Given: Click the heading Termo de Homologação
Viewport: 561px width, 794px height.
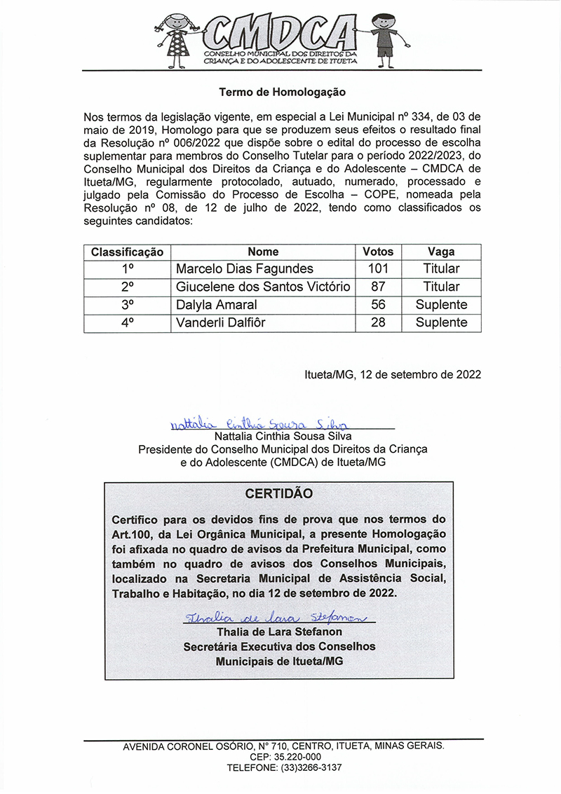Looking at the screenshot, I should coord(282,92).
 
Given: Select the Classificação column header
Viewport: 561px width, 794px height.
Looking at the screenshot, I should coord(128,252).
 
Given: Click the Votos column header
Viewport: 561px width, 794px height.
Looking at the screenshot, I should coord(378,252).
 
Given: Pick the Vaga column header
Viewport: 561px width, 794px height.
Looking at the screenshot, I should coord(441,252).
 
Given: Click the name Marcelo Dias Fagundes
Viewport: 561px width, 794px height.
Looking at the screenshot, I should coord(245,269).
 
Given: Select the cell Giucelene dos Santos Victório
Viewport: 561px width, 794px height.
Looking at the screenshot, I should coord(263,287).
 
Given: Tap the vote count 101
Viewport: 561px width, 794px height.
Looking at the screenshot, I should coord(378,269).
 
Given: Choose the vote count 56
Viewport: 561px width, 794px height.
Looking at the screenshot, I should coord(378,305).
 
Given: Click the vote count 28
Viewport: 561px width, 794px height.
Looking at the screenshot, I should coord(378,323).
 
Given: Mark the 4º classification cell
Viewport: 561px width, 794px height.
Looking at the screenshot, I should coord(128,323).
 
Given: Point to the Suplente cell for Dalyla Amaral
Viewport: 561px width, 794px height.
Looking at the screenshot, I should coord(441,305).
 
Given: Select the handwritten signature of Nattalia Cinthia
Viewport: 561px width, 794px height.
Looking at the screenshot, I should coord(259,424).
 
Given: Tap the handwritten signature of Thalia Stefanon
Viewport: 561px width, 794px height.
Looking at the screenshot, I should coord(276,617).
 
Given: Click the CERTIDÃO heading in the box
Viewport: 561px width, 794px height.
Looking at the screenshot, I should coord(279,494).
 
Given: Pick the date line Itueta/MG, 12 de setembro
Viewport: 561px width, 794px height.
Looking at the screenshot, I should coord(393,374).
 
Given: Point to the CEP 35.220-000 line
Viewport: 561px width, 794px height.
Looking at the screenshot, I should coord(284,758).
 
